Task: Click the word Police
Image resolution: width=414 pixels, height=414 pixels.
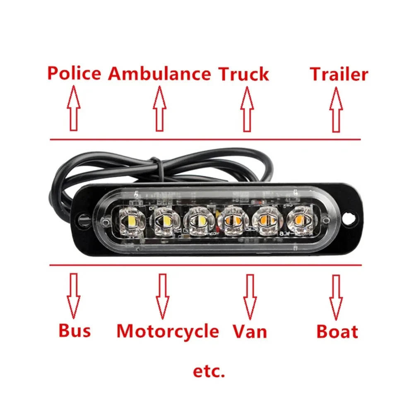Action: coord(74,73)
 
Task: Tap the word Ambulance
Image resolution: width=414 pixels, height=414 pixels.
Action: coord(159,74)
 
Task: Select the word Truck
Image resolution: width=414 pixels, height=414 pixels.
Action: coord(243,74)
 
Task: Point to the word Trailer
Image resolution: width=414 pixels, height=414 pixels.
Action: coord(339,74)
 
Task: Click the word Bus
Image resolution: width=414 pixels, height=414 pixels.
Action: coord(75,330)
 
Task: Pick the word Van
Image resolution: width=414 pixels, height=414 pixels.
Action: coord(250,331)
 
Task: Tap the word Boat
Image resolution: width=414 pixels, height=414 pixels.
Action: coord(337,332)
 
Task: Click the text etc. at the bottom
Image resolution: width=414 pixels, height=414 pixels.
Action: coord(209,371)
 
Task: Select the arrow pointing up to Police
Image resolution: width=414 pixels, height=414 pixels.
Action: coord(74,108)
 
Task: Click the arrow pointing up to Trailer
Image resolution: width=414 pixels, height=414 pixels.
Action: coord(336,110)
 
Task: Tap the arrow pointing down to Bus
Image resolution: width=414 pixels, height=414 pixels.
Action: coord(73,296)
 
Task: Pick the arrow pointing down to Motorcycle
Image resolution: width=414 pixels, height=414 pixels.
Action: coord(162,296)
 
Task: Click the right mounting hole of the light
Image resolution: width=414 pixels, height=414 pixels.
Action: coord(349,218)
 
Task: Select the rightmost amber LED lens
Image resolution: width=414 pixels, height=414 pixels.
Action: coord(300,220)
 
